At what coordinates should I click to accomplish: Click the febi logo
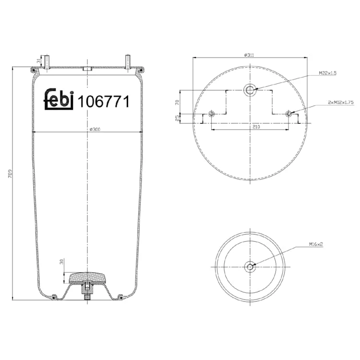[x=59, y=99]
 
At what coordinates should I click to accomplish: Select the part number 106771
[x=104, y=101]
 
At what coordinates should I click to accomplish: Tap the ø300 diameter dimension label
[x=95, y=130]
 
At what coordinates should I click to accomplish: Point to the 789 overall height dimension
[x=10, y=175]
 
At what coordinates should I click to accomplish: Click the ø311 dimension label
[x=249, y=55]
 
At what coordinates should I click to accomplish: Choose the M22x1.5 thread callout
[x=327, y=73]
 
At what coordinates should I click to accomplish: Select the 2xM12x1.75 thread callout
[x=341, y=102]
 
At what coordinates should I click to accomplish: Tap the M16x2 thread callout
[x=316, y=244]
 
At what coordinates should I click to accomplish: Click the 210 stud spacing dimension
[x=256, y=127]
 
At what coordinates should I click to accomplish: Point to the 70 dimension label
[x=177, y=102]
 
